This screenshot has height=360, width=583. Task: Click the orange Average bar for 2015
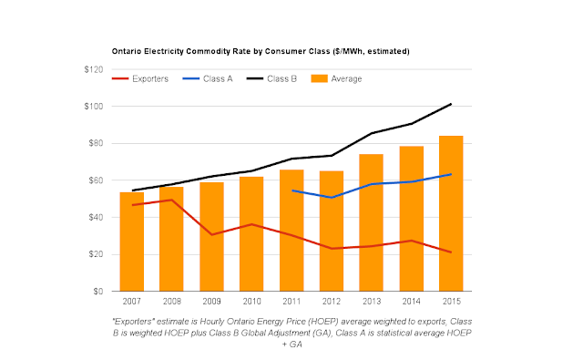coord(451,213)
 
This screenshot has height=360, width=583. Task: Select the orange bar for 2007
coord(131,242)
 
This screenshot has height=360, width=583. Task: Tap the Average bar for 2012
coord(332,231)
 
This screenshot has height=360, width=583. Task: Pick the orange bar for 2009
coord(211,237)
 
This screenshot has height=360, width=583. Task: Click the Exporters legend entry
coord(140,79)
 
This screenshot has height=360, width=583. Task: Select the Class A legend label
coord(218,79)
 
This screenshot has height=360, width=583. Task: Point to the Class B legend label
coord(281,79)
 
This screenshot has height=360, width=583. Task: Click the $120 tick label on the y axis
coord(94,69)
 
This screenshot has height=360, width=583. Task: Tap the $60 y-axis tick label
coord(96,180)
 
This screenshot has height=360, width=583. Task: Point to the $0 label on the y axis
coord(98,292)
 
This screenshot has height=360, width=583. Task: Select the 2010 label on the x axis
coord(251,302)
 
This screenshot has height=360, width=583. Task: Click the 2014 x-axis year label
coord(411,302)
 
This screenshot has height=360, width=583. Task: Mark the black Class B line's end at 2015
coord(451,104)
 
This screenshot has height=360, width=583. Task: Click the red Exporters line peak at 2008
coord(171,200)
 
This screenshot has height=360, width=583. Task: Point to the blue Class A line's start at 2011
coord(291,190)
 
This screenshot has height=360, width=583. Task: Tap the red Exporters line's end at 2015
coord(451,252)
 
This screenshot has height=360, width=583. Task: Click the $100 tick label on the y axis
coord(94,107)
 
